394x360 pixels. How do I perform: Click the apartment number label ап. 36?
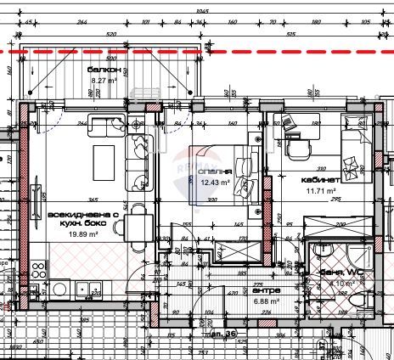(x=223, y=333)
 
